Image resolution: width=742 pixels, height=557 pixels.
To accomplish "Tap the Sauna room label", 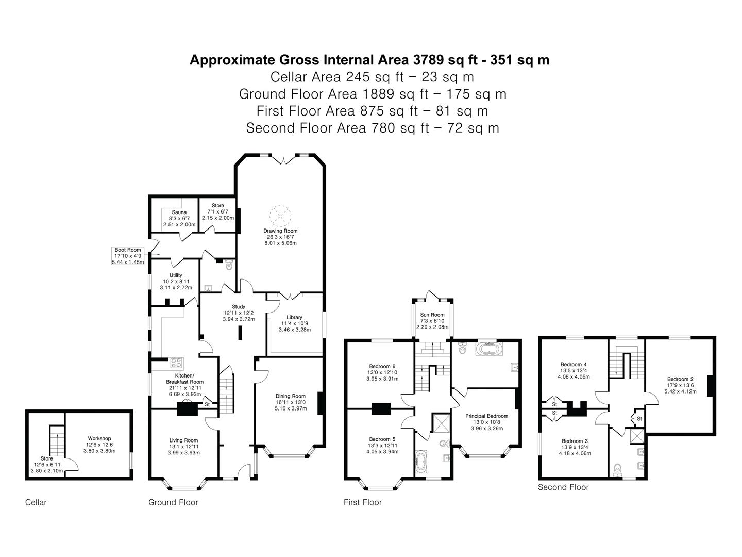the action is pyautogui.click(x=179, y=212).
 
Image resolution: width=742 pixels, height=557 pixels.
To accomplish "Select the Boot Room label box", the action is pyautogui.click(x=128, y=256).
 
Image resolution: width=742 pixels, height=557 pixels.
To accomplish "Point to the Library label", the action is pyautogui.click(x=294, y=317).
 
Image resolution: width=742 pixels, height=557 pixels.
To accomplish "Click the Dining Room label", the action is pyautogui.click(x=290, y=396).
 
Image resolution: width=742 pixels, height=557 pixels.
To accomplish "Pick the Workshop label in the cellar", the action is pyautogui.click(x=99, y=438).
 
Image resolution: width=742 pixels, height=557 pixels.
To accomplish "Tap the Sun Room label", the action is pyautogui.click(x=432, y=315).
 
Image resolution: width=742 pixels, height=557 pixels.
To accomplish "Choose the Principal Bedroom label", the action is pyautogui.click(x=486, y=416).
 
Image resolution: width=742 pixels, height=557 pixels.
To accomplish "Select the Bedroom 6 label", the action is pyautogui.click(x=382, y=366).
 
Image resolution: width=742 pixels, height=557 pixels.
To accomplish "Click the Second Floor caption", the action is pyautogui.click(x=563, y=487).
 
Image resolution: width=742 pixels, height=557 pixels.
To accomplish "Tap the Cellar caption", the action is pyautogui.click(x=36, y=502).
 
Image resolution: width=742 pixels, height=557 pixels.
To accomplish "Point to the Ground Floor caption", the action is pyautogui.click(x=173, y=502).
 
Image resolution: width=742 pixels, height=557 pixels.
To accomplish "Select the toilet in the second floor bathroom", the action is pyautogui.click(x=618, y=469).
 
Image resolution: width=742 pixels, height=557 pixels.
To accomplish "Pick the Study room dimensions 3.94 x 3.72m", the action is pyautogui.click(x=239, y=319).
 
